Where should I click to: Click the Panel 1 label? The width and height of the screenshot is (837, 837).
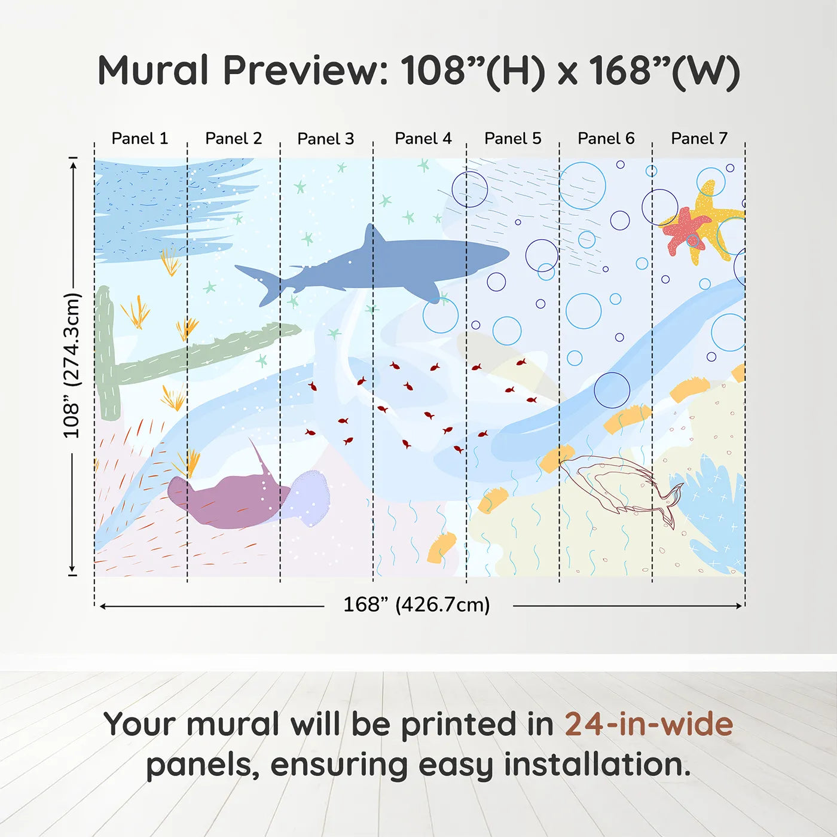(x=140, y=139)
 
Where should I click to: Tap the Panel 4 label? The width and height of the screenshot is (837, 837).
(x=423, y=139)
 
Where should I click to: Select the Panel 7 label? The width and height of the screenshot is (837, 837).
(x=699, y=139)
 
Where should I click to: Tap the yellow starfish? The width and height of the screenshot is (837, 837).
(x=717, y=221)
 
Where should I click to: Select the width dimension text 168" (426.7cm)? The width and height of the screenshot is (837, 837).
(x=417, y=605)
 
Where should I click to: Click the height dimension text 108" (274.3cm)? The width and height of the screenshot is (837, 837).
(x=71, y=365)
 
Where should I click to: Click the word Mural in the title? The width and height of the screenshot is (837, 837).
(x=153, y=71)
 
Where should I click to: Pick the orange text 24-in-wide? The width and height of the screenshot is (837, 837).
(x=649, y=725)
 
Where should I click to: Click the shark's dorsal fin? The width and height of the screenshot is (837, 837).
(x=373, y=236)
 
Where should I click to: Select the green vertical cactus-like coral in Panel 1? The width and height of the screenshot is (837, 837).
(x=106, y=353)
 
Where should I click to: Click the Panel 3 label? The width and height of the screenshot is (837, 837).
(x=326, y=139)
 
